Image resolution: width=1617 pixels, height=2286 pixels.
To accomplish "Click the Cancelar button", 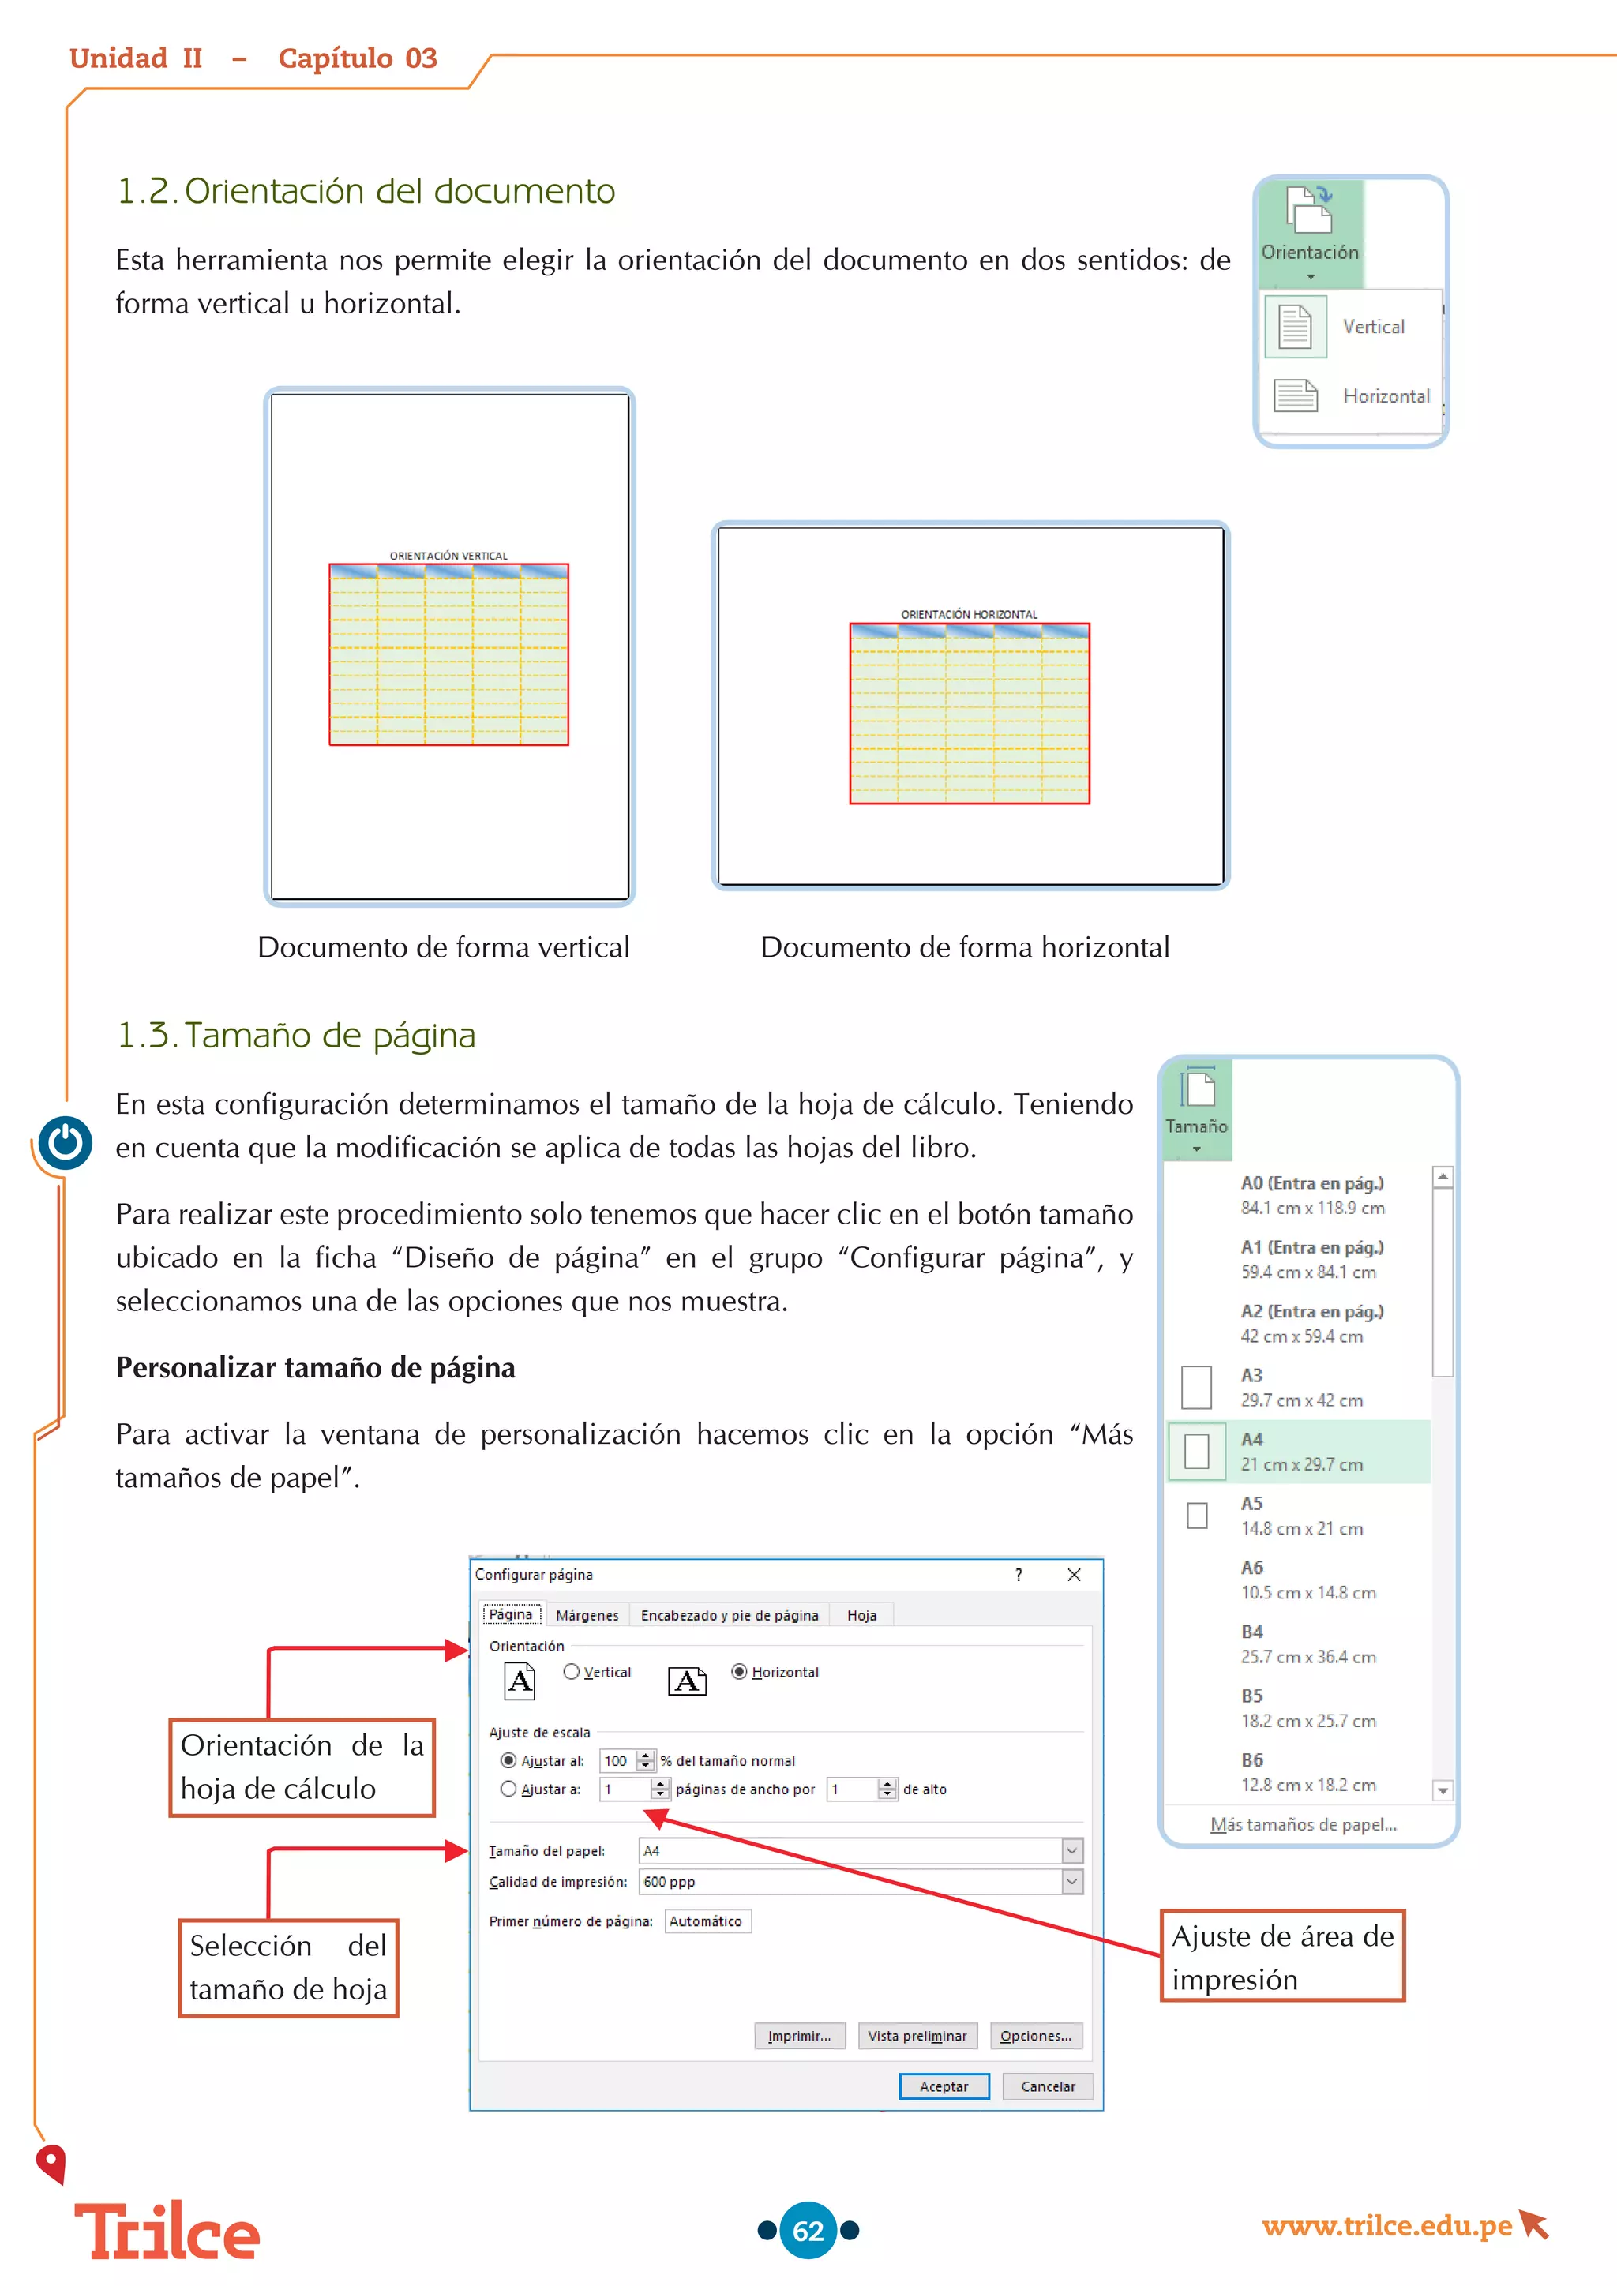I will coord(1048,2086).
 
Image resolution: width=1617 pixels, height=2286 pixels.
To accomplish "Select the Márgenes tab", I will coord(587,1615).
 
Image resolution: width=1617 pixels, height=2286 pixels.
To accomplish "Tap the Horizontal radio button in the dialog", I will coord(739,1672).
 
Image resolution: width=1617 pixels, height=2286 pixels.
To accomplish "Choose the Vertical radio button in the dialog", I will coord(572,1672).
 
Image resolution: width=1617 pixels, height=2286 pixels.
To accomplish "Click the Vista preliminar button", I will coord(917,2036).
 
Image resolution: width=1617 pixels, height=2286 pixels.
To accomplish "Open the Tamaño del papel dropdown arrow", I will coord(1071,1851).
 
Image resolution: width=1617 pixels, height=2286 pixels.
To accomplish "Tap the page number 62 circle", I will coord(808,2230).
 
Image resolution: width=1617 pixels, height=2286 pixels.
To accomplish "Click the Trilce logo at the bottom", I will coord(167,2233).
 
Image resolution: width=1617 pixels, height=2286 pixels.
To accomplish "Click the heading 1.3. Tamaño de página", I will coord(296,1036).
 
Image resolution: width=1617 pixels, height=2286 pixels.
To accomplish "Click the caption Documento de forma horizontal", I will coord(964,947).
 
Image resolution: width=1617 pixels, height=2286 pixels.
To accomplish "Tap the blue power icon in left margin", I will coord(66,1143).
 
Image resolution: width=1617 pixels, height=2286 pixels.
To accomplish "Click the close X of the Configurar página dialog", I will coord(1073,1574).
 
